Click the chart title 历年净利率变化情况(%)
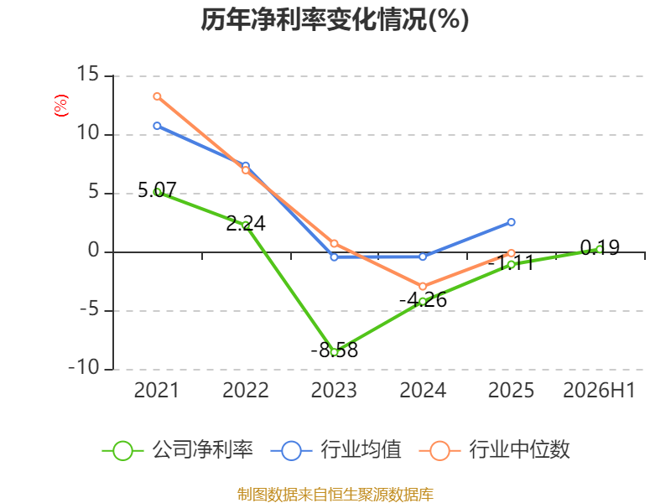335,19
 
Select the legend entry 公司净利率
178,450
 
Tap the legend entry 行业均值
336,450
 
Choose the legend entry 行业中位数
495,450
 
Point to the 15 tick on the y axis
88,74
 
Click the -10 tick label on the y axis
84,367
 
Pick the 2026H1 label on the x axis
599,391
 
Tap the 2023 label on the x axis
334,391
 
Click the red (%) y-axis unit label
60,106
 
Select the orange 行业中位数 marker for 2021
157,96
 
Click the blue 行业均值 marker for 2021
157,126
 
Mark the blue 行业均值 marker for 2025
511,222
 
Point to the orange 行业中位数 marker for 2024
423,286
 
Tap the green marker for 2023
334,352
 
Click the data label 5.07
157,190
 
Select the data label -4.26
423,299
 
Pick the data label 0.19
600,247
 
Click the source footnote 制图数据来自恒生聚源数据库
335,494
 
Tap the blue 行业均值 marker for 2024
423,257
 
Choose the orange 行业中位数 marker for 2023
334,244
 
